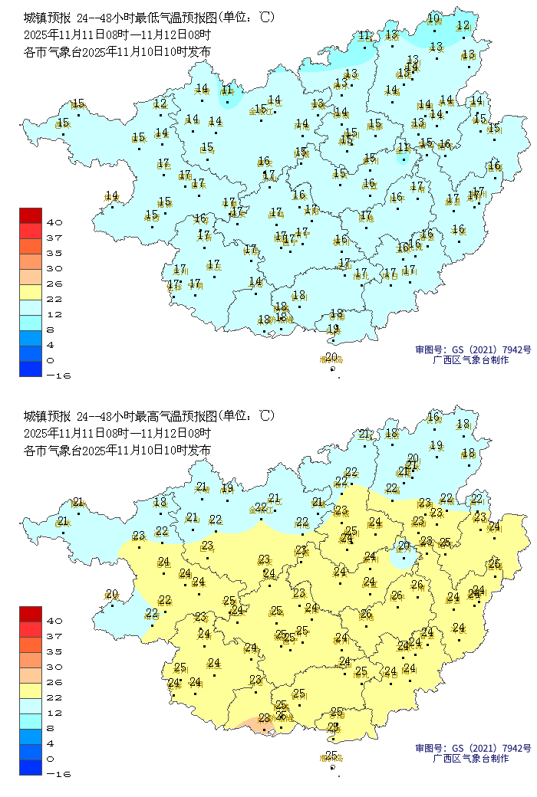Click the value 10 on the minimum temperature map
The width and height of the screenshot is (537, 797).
pos(433,18)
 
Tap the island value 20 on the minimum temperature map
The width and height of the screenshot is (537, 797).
pos(331,357)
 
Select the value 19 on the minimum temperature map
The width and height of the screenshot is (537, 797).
pos(333,329)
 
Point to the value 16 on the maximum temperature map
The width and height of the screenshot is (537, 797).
pos(433,417)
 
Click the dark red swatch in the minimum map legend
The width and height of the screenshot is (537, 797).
pos(31,215)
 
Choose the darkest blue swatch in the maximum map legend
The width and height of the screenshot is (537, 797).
pos(31,766)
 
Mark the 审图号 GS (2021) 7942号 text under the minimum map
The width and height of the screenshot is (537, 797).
pos(473,349)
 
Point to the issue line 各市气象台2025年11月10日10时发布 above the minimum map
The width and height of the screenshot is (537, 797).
pos(117,51)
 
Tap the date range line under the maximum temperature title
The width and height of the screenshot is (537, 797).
pos(117,433)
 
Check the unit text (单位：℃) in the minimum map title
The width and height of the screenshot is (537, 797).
pos(245,18)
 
